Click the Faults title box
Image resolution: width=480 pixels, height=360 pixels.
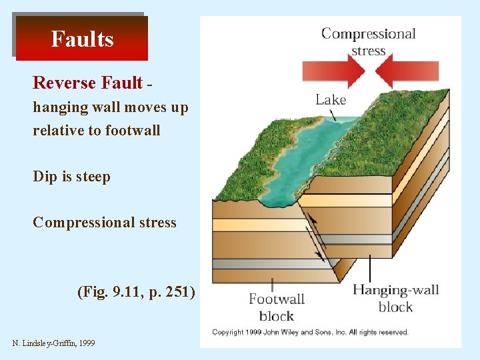coord(82,39)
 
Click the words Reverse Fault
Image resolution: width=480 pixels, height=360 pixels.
coord(87,83)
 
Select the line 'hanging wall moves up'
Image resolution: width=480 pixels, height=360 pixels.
coord(111,107)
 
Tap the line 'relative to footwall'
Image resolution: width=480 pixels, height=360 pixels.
coord(97,130)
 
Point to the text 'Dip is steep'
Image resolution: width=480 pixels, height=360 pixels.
coord(71,177)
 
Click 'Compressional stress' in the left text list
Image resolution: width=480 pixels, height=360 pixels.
coord(105,222)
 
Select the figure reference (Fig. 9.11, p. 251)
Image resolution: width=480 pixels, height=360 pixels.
coord(136,291)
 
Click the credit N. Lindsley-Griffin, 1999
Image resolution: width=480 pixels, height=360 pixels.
coord(53,343)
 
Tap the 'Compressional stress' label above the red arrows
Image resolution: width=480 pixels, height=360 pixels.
coord(368,41)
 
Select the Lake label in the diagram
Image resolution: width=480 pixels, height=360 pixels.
coord(331,99)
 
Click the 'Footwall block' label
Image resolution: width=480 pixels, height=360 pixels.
coord(276,307)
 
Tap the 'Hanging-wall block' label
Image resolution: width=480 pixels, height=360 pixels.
coord(395,298)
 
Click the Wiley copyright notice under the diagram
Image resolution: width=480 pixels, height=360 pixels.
coord(310,331)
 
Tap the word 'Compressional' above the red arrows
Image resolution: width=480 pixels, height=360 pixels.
coord(368,33)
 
